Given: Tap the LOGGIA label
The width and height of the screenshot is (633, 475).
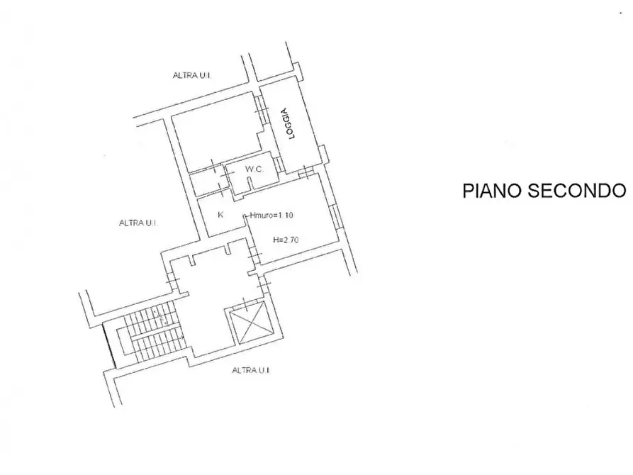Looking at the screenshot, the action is point(289,123).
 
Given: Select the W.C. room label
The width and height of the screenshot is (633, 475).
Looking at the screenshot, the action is point(254,169).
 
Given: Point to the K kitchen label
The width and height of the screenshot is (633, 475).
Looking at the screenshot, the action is point(220,215).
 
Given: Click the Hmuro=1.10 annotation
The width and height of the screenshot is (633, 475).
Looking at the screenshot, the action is point(271,216).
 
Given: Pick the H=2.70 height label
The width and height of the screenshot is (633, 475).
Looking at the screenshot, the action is point(286,240).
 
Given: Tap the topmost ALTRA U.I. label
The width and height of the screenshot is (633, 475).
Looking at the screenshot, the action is point(192,76).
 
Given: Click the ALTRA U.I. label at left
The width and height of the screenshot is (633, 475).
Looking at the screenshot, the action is point(138,223).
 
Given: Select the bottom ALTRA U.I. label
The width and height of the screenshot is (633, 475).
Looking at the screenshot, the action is point(251,370).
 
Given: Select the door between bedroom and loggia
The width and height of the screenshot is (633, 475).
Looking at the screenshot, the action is point(261,108).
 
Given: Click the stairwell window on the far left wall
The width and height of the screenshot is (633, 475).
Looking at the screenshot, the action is point(109,345).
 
